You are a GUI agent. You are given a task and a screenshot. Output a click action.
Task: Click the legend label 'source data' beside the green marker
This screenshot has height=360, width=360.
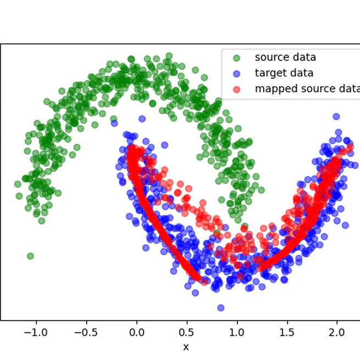285,57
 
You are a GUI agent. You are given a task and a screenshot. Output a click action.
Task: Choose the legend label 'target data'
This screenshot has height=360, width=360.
284,73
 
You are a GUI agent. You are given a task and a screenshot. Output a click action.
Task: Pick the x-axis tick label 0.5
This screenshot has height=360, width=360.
187,332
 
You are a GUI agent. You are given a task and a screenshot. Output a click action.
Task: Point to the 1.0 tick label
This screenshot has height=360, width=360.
237,332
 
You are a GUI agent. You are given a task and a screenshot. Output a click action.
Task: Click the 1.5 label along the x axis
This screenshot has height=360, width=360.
287,332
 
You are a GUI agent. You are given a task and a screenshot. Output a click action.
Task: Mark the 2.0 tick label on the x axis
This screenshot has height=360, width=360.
337,332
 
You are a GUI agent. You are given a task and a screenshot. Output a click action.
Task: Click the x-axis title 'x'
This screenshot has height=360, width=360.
186,347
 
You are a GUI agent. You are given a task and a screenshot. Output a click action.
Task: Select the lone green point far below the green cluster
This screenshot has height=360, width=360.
30,256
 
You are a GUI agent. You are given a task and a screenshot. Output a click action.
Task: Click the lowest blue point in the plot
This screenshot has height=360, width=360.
221,308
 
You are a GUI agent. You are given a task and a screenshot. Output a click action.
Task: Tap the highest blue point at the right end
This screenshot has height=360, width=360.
336,116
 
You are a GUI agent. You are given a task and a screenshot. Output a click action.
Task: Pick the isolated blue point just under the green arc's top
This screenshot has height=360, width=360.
142,119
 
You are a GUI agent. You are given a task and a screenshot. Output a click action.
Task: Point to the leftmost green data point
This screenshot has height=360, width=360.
18,185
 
